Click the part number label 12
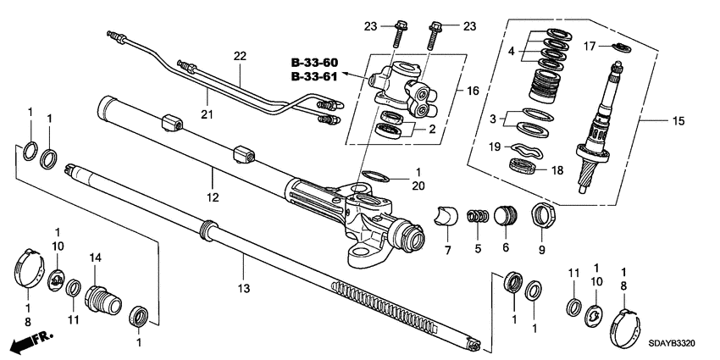click(213, 197)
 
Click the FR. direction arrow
click(30, 343)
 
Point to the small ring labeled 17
click(619, 46)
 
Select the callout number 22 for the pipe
click(240, 56)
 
